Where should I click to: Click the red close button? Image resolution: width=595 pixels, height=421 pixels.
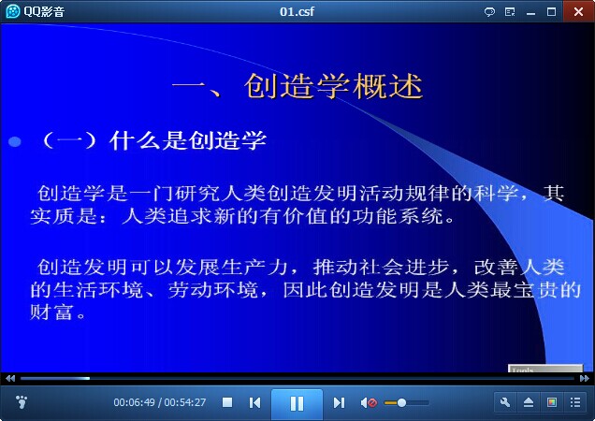pos(579,11)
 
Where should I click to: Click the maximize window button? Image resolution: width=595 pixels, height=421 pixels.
pos(551,12)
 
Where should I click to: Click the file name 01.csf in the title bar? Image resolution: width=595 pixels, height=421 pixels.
pos(297,11)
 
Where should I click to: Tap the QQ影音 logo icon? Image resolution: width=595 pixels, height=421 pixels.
pos(13,11)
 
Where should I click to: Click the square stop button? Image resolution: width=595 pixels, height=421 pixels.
pos(227,402)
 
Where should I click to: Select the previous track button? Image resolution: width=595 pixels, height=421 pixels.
pos(254,402)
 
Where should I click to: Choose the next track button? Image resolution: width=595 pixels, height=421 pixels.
pos(339,402)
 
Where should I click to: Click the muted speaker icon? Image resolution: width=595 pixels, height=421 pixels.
pos(369,402)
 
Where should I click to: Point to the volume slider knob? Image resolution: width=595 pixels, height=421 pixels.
pos(401,402)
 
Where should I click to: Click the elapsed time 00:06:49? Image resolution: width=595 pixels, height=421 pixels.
pos(135,402)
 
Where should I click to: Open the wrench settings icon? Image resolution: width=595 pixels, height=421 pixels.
pos(505,402)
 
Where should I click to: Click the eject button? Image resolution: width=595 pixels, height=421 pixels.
pos(529,402)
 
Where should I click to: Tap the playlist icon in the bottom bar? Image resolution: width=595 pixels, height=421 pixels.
pos(575,402)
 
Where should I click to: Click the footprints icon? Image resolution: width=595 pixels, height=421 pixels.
pos(22,401)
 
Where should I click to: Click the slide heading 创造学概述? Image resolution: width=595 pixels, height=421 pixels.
pos(333,86)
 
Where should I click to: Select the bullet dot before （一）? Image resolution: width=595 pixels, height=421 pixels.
pos(15,141)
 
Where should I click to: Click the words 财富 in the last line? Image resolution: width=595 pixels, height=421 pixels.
pos(51,312)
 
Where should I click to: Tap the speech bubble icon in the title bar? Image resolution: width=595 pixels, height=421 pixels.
pos(489,12)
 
